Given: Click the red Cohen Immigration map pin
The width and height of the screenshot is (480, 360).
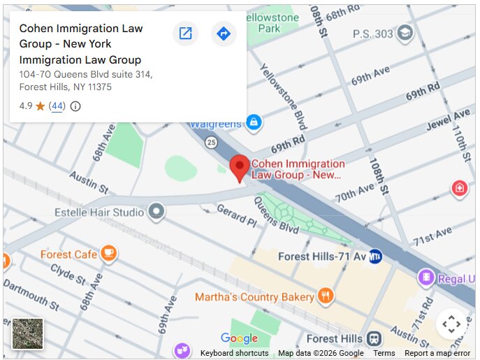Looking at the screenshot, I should (x=240, y=166).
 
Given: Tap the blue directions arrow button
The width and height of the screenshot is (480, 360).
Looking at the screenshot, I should (x=223, y=34).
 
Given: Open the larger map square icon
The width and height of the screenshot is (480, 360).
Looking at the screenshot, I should (x=185, y=34).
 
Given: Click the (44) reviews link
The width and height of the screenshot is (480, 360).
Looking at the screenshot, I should (x=57, y=106).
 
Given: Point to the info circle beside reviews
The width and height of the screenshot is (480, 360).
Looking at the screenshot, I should (x=75, y=106).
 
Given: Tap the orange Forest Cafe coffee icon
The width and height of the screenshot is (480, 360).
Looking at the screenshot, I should (x=108, y=254).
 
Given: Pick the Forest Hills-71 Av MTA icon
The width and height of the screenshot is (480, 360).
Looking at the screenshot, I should (x=375, y=257).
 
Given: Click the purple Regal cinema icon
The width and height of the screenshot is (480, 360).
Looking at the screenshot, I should (x=425, y=278).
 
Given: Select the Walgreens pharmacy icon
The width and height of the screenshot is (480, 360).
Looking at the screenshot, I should (x=254, y=123).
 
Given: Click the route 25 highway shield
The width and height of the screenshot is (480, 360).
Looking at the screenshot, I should (x=210, y=143).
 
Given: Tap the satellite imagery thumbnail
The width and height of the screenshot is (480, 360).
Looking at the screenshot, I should (x=28, y=333).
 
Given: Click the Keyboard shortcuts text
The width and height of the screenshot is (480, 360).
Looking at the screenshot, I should (x=234, y=353).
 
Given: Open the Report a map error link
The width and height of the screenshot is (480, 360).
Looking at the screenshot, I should (x=437, y=353).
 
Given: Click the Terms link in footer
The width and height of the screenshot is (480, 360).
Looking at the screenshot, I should (x=384, y=353).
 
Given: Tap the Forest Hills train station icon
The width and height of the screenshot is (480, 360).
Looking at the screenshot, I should (x=374, y=338).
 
